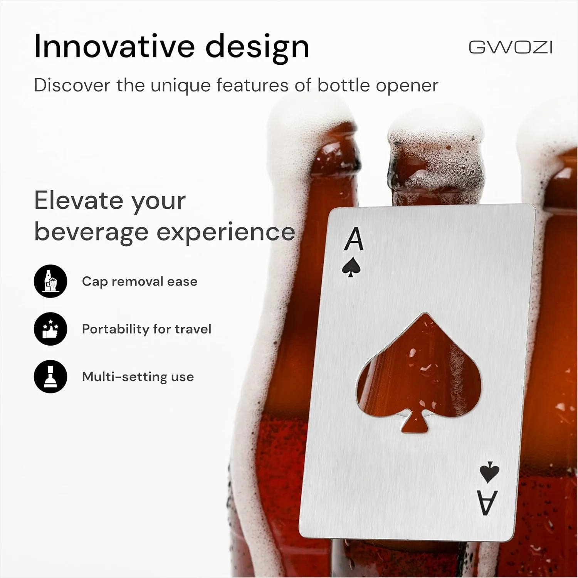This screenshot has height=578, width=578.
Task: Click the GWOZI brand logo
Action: pos(511,47)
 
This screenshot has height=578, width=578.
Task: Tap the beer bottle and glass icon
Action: pos(50,281)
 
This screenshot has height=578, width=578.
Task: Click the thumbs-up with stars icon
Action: pos(50,329)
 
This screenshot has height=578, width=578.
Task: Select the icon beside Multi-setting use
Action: pos(50,376)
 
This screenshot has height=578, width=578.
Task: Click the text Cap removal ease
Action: pos(139,282)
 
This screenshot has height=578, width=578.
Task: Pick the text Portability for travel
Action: pos(147,329)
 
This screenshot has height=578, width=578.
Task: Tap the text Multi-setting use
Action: pos(138,377)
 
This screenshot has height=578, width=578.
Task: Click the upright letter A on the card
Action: pos(354,239)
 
